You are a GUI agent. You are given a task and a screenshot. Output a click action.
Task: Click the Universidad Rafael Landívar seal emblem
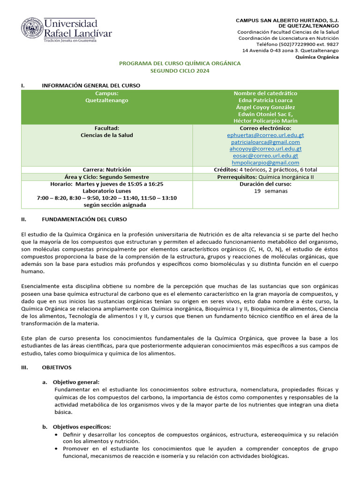(31, 29)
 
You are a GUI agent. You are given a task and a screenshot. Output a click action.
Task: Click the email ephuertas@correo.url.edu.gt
(265, 135)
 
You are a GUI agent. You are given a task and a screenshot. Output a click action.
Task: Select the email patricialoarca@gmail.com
(265, 142)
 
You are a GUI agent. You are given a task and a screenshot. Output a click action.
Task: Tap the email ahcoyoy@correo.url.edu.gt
(265, 149)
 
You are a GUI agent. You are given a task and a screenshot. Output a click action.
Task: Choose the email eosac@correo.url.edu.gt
(265, 156)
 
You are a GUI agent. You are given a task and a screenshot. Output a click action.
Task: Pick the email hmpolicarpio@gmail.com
(265, 162)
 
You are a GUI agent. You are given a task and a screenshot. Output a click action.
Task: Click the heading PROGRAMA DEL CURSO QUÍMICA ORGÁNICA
(180, 63)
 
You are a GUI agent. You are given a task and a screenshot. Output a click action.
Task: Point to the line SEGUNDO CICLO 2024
(180, 70)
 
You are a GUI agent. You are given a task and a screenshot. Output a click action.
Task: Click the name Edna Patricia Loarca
(265, 100)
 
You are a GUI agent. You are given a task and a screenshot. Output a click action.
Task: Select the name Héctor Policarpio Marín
(265, 120)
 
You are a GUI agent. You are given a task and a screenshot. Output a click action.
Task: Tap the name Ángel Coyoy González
(265, 107)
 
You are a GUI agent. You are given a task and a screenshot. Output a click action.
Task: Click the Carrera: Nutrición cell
(107, 169)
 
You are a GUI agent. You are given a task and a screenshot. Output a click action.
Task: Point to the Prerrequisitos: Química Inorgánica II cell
(265, 177)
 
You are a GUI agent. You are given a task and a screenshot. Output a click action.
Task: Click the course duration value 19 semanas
(265, 191)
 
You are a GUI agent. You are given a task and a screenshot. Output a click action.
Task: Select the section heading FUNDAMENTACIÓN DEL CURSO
(84, 219)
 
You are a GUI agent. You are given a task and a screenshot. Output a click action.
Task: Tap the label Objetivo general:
(76, 382)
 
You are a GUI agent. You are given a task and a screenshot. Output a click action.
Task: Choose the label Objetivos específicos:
(82, 427)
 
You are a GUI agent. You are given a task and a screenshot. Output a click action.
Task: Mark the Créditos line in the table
(265, 169)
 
